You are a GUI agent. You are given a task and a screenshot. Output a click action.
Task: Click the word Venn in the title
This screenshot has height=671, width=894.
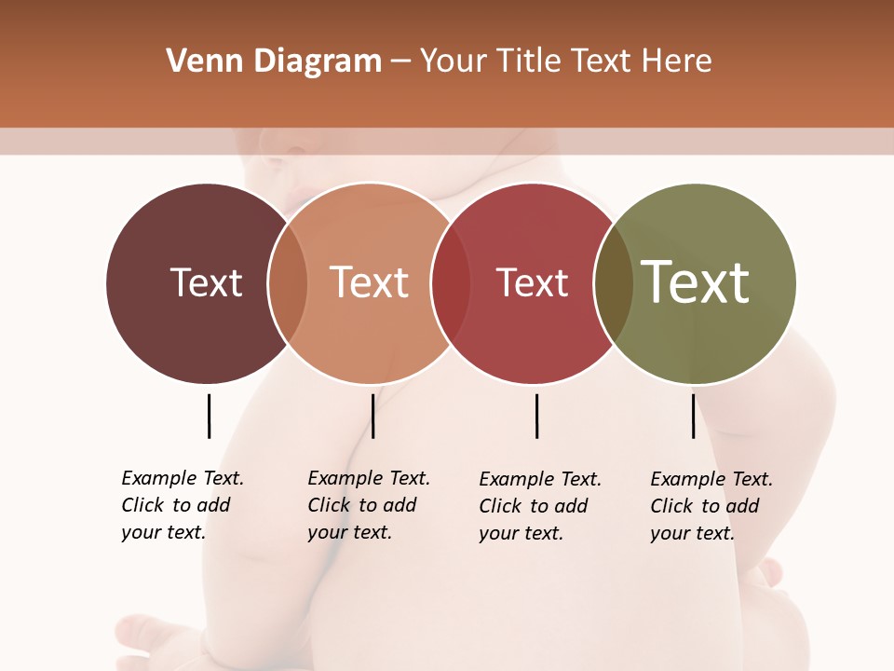tap(196, 62)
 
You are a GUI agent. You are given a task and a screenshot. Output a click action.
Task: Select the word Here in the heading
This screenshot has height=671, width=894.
tap(678, 62)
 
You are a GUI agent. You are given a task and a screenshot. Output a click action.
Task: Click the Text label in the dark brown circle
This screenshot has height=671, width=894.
tap(206, 283)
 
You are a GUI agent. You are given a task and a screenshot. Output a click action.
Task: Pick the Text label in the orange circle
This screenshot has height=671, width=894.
tap(370, 283)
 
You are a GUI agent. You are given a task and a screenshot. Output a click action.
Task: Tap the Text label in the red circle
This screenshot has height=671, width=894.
tap(532, 283)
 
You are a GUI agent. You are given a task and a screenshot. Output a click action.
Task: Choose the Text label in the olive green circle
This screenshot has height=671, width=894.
tap(696, 282)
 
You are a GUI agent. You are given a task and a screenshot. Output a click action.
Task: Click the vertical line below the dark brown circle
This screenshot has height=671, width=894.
tap(209, 416)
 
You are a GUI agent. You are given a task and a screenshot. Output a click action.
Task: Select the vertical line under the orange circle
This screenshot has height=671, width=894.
tap(372, 416)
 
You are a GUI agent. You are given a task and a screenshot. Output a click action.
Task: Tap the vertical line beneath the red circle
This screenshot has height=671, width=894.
tap(536, 416)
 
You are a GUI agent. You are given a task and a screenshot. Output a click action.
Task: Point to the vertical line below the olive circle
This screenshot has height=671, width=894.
tap(693, 416)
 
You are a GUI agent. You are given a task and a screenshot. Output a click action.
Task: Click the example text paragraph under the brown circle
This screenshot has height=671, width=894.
tap(182, 505)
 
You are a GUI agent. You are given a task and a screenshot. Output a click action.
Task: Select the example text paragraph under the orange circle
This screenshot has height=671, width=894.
tap(368, 505)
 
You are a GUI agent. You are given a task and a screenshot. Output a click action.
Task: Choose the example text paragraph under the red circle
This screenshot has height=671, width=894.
tap(539, 506)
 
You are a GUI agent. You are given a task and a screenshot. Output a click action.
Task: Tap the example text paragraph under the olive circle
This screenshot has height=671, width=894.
tap(711, 506)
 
